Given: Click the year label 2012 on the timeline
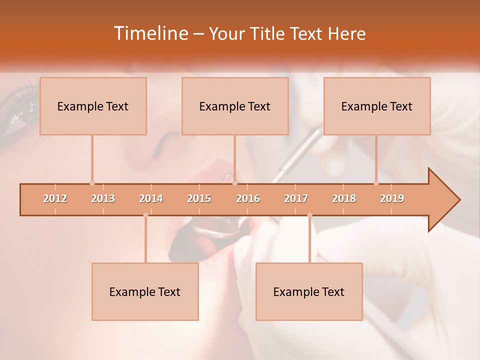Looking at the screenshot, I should pyautogui.click(x=55, y=198).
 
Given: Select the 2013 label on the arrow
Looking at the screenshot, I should pyautogui.click(x=103, y=198).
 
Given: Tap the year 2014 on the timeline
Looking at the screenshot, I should pyautogui.click(x=151, y=198).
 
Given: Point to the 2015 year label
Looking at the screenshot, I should pyautogui.click(x=199, y=198).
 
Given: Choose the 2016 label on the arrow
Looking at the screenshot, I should pyautogui.click(x=248, y=198).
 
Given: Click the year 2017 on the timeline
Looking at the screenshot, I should pyautogui.click(x=296, y=198).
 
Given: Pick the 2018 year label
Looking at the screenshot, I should pyautogui.click(x=344, y=198).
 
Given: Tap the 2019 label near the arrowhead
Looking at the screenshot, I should pyautogui.click(x=392, y=198).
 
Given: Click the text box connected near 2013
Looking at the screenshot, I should pyautogui.click(x=93, y=106).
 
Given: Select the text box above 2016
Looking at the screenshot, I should pyautogui.click(x=235, y=106).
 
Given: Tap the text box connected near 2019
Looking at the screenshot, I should pyautogui.click(x=377, y=106).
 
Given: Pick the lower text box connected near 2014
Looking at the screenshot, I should pyautogui.click(x=145, y=291).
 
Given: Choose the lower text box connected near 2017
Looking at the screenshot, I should pyautogui.click(x=309, y=291).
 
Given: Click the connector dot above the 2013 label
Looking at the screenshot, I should pyautogui.click(x=92, y=183).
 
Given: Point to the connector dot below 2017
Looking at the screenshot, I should pyautogui.click(x=309, y=215).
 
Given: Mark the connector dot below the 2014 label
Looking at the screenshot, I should pyautogui.click(x=145, y=215).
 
